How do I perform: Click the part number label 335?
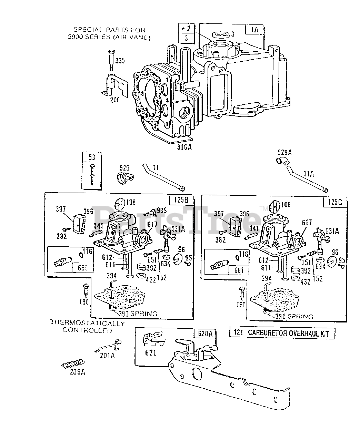coord(120,61)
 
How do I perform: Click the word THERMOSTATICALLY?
coord(87,324)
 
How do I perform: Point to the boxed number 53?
coord(91,157)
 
